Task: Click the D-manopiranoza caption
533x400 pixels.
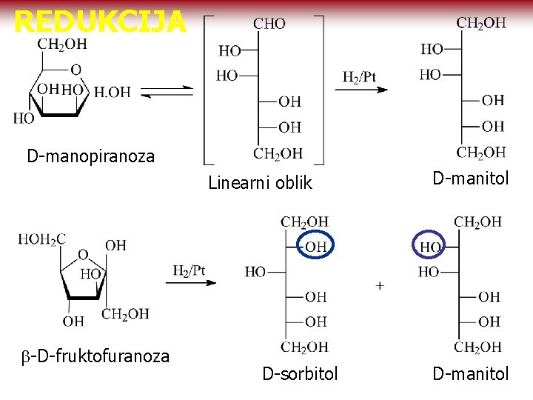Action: (x=91, y=156)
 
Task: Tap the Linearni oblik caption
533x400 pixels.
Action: (x=260, y=183)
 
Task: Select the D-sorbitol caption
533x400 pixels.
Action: (x=300, y=374)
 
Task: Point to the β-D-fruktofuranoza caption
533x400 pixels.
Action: (x=95, y=356)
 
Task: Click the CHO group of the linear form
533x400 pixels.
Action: (x=269, y=24)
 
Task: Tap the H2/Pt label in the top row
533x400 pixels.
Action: (x=359, y=77)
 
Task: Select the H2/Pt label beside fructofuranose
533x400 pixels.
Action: (x=189, y=271)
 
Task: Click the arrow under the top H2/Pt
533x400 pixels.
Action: (x=361, y=90)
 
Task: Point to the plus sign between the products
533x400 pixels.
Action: (x=380, y=285)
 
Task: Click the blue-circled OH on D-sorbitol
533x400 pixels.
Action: (x=315, y=247)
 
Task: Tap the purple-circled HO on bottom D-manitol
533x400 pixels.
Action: (x=431, y=247)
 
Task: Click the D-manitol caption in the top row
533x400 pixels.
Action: (x=471, y=178)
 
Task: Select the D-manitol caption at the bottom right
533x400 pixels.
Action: (x=471, y=374)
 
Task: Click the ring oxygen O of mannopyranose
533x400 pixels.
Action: (x=76, y=70)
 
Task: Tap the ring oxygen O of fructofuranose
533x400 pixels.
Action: (x=83, y=255)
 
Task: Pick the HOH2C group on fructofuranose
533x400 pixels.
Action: (x=42, y=239)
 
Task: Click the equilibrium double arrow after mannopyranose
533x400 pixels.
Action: (x=167, y=91)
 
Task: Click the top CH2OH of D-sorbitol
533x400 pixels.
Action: (x=304, y=221)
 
